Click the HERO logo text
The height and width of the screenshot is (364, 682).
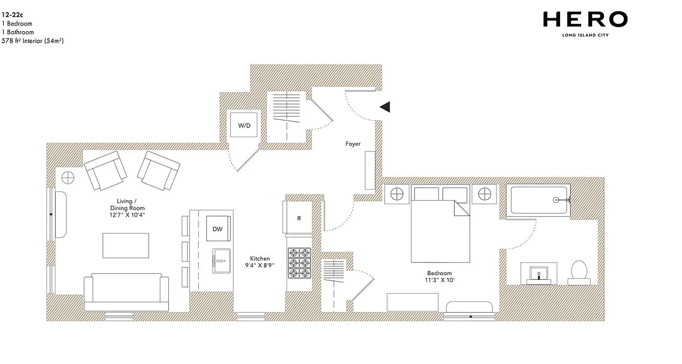585,20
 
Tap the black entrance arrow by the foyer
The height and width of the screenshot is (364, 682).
386,107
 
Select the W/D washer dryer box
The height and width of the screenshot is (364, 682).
245,125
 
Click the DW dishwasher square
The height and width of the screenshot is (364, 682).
218,229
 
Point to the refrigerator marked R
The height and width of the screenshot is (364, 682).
299,218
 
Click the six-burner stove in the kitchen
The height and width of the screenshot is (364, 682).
299,263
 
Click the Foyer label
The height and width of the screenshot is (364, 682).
353,144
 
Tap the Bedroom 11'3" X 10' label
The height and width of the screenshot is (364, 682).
439,277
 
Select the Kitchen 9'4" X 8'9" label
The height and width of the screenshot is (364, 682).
260,262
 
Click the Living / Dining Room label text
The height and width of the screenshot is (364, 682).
125,208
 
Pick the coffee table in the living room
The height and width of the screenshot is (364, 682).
125,245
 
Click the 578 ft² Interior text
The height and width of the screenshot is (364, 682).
32,41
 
